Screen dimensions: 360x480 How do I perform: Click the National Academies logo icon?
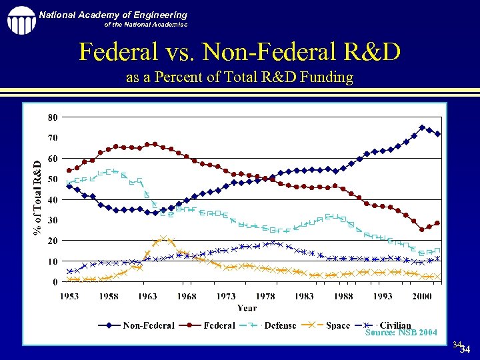click(21, 19)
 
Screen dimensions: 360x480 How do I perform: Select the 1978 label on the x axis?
click(265, 296)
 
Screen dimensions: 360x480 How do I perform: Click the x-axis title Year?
click(247, 307)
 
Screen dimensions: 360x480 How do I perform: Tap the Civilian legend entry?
click(395, 325)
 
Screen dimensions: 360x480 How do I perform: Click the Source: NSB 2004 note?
click(401, 332)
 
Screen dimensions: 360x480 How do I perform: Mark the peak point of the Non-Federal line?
click(422, 127)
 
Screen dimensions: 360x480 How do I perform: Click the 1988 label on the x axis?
click(344, 296)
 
